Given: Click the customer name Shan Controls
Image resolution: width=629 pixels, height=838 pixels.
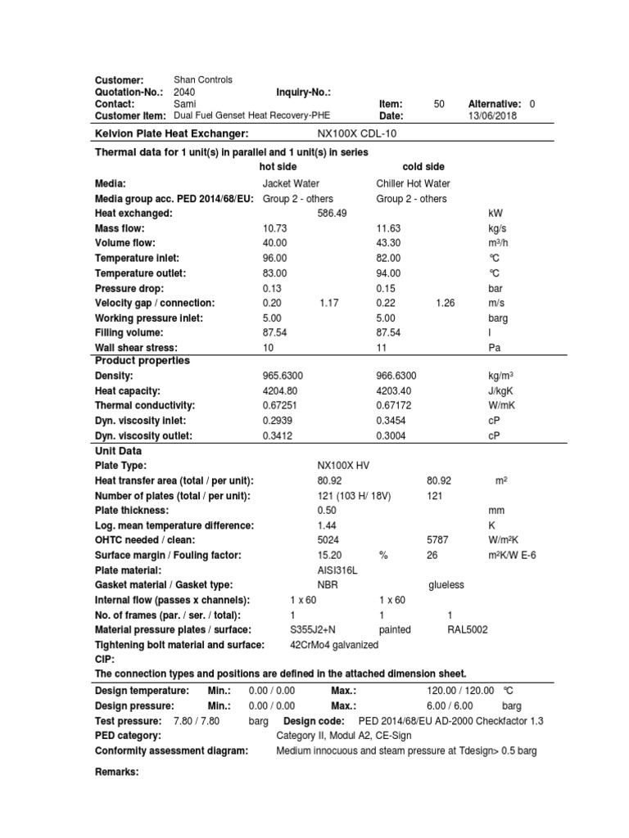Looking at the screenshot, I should pos(203,80).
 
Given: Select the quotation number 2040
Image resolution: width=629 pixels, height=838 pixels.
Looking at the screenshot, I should pos(184,92).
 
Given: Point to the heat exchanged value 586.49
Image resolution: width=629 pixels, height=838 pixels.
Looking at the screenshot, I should pos(332,214).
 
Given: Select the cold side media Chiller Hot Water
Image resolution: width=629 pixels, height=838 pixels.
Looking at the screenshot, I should pos(413,184).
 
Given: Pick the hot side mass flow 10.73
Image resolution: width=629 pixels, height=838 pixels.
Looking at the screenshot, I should pos(274,228).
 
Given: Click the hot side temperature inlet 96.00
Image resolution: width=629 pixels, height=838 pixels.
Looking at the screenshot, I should pos(274,259).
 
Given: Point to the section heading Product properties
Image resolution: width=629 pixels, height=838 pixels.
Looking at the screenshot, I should pos(143,361).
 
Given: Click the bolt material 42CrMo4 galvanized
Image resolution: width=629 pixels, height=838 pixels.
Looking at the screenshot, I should pos(334,645).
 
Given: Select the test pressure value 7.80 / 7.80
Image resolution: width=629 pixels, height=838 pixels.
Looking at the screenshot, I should pos(197,721).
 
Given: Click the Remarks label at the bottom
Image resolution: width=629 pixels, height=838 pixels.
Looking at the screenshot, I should pos(117,772).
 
